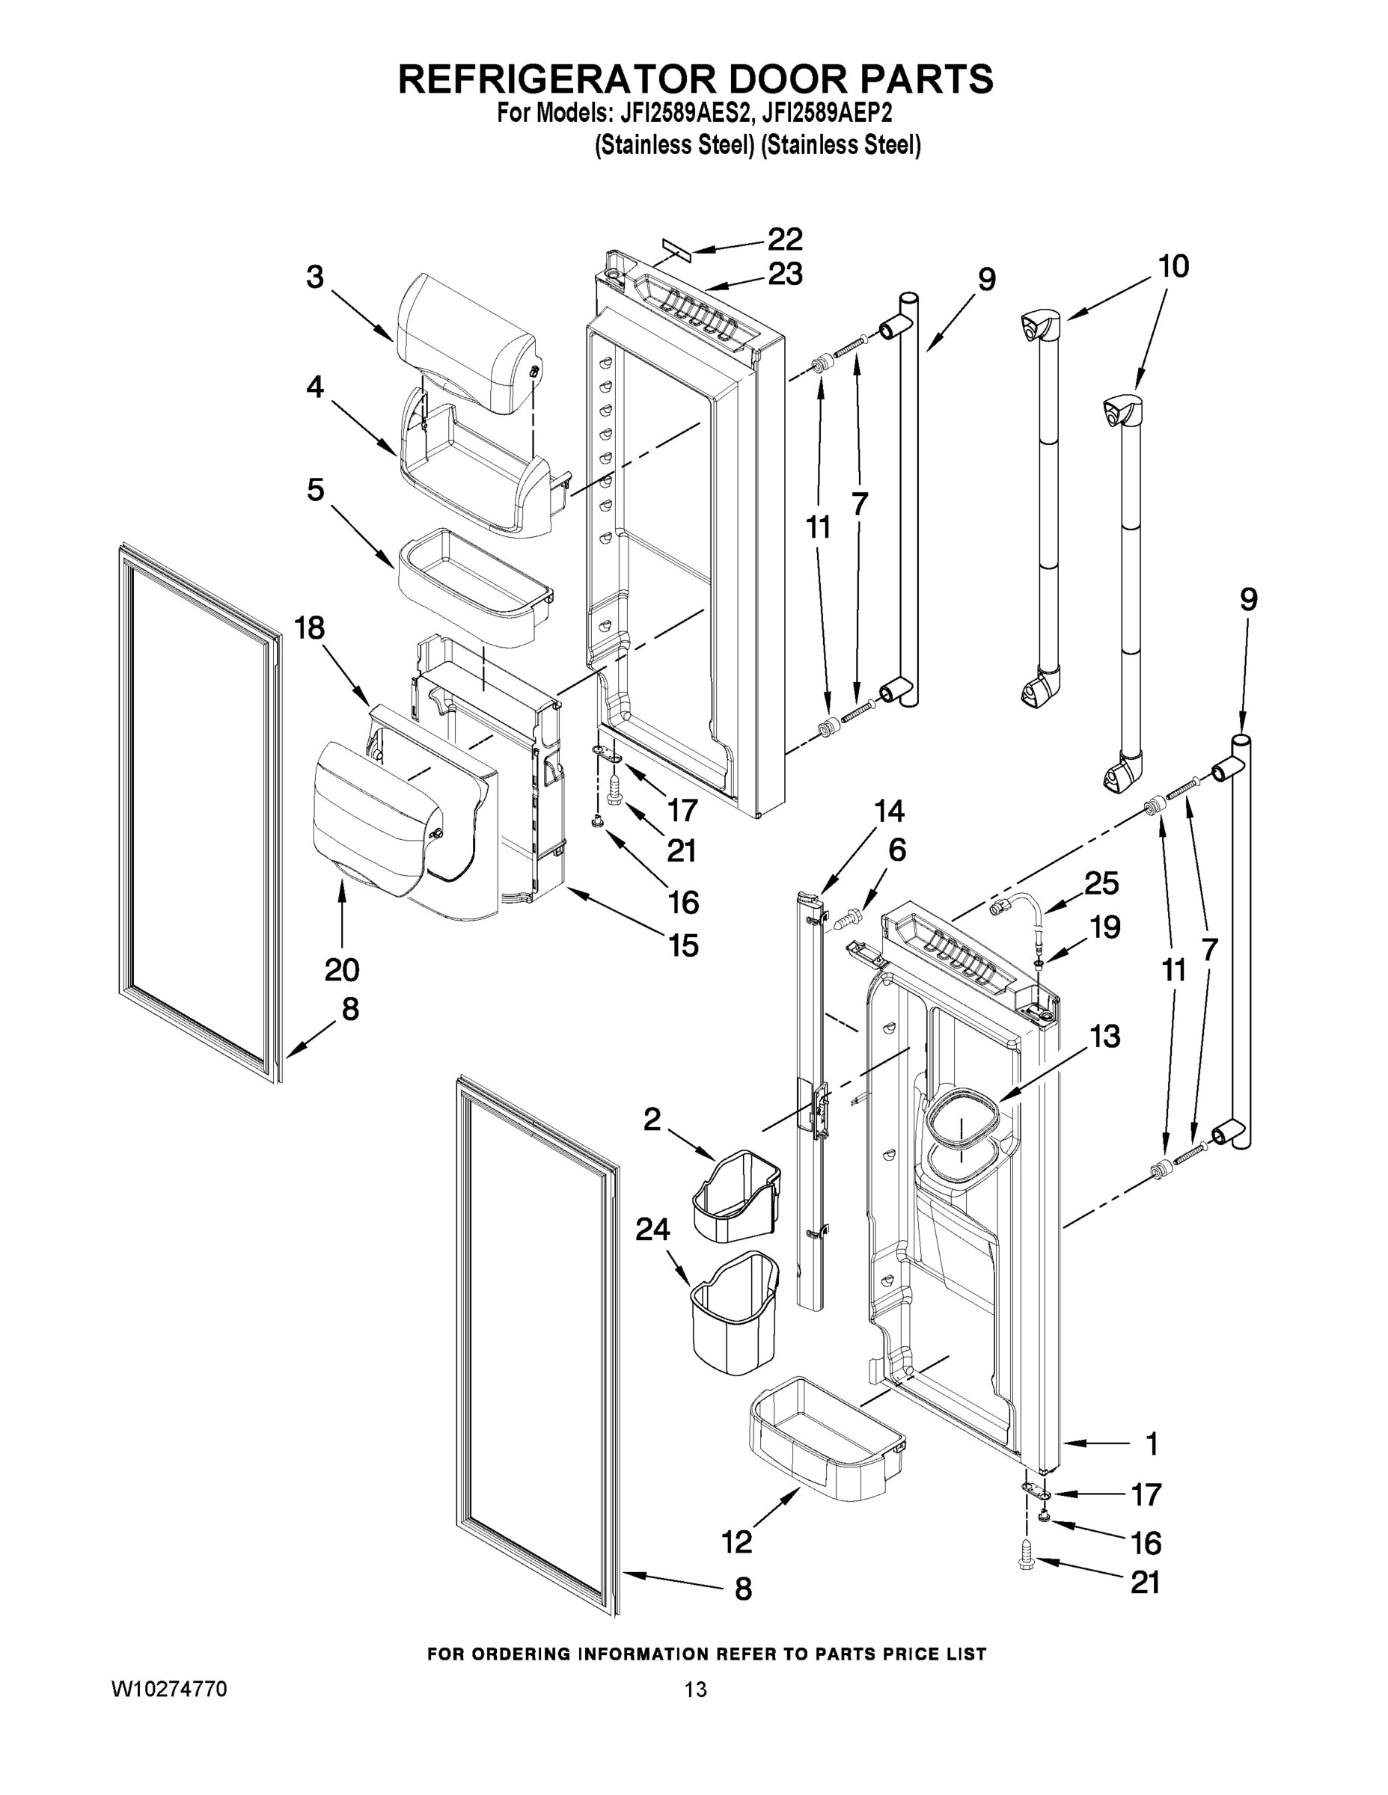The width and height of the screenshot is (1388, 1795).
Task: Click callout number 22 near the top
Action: point(784,239)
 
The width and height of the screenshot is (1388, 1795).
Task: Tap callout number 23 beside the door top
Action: point(784,274)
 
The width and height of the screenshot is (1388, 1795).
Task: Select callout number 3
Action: point(315,277)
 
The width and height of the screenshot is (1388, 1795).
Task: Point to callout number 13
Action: point(1106,1037)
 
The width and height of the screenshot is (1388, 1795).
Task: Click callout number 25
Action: point(1101,883)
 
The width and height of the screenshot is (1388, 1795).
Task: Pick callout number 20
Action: point(341,970)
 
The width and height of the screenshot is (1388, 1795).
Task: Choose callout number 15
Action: point(684,945)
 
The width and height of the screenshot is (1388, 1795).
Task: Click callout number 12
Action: point(737,1543)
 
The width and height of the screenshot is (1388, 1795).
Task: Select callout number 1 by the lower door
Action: point(1152,1444)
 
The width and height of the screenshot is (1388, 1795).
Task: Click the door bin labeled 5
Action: point(474,587)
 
